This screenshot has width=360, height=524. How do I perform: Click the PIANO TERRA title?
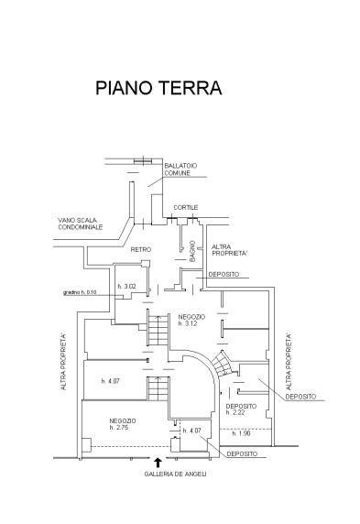[x=158, y=88]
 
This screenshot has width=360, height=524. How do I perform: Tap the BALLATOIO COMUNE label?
[x=180, y=169]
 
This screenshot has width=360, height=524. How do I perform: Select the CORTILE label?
[x=186, y=208]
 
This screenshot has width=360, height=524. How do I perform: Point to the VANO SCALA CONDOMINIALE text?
[x=81, y=224]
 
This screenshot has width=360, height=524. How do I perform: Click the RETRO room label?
[x=141, y=250]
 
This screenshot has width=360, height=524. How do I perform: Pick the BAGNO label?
[x=192, y=251]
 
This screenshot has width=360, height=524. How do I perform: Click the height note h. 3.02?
[x=126, y=287]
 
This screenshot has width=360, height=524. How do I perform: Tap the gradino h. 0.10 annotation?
[x=80, y=292]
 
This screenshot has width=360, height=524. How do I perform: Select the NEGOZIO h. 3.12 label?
[x=191, y=320]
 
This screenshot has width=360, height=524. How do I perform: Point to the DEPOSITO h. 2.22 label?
[x=241, y=409]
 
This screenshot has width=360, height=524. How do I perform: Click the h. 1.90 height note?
[x=241, y=434]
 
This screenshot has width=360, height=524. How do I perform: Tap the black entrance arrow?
[x=158, y=463]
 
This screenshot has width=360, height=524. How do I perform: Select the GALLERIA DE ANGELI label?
[x=175, y=474]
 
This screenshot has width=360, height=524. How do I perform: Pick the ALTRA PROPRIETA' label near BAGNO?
[x=229, y=250]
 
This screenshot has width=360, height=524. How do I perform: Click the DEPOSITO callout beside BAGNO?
[x=224, y=274]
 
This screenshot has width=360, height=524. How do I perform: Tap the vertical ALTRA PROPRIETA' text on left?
[x=63, y=362]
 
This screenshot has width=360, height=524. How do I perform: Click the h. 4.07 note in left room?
[x=110, y=381]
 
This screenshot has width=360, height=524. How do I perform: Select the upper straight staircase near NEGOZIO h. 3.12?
[x=158, y=330]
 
